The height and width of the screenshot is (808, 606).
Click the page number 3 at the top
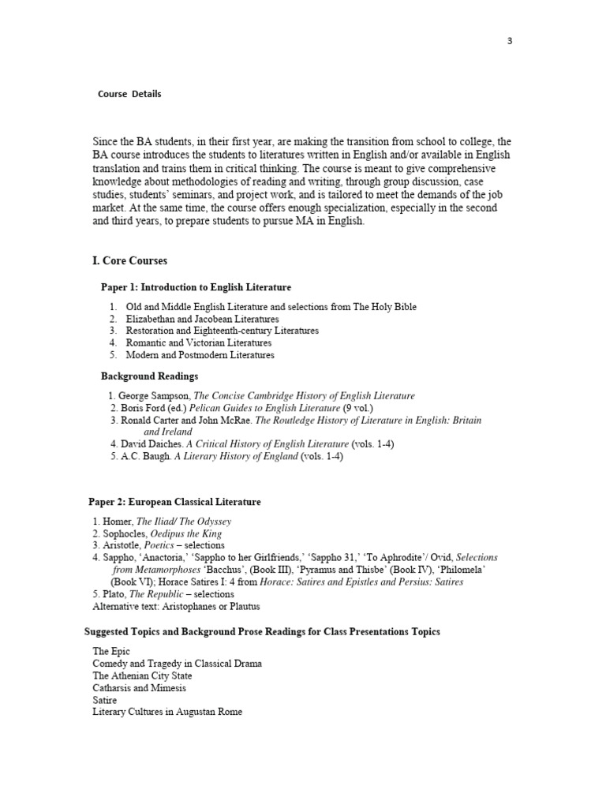pos(509,41)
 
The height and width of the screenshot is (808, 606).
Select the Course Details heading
pos(129,94)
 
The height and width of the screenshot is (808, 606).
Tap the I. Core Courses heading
pos(129,260)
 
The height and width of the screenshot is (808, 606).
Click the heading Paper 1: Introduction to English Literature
pos(196,287)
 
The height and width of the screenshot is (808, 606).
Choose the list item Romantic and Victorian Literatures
pos(199,343)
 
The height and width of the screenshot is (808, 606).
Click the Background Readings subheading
pos(149,376)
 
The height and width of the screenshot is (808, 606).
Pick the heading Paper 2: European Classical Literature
pos(174,502)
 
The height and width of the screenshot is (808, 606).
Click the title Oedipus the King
pos(179,533)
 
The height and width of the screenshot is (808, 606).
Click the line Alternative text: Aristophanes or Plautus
pos(176,606)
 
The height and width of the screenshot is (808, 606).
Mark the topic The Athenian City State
pos(142,676)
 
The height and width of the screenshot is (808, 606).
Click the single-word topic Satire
pos(105,700)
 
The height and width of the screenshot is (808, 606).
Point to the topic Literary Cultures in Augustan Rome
pos(167,712)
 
